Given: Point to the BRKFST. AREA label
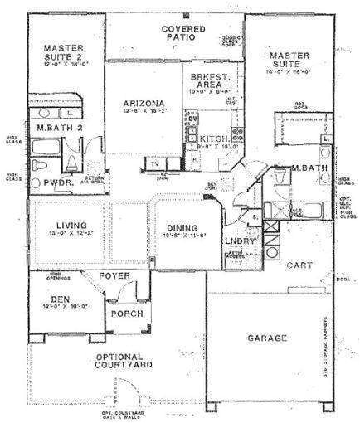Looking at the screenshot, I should click(x=205, y=79).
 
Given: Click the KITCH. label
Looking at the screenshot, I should click(x=214, y=139).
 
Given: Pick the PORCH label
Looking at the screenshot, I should click(x=127, y=315).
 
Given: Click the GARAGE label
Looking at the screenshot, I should click(x=266, y=338).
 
